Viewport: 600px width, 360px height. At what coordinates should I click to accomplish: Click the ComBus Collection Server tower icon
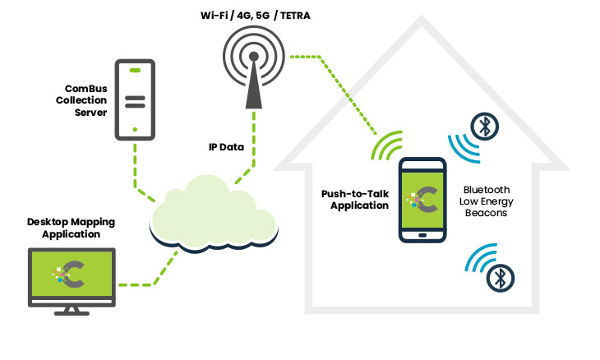[134, 98]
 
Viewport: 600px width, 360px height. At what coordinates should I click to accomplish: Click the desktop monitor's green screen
[72, 274]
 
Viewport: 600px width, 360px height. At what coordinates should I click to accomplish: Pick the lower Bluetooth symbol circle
[498, 278]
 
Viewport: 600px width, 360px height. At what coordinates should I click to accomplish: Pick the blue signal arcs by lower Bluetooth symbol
[478, 261]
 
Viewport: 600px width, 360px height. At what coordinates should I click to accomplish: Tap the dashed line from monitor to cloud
[156, 275]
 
